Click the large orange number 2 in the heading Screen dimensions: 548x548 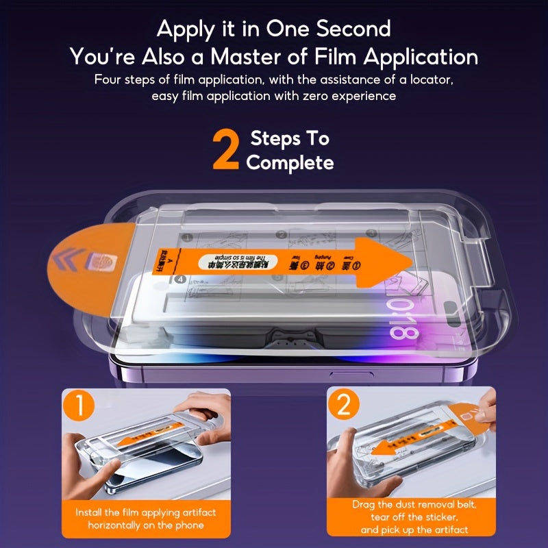(x=227, y=150)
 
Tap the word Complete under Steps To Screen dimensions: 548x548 (x=290, y=162)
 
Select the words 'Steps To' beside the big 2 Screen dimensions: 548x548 (x=290, y=138)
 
